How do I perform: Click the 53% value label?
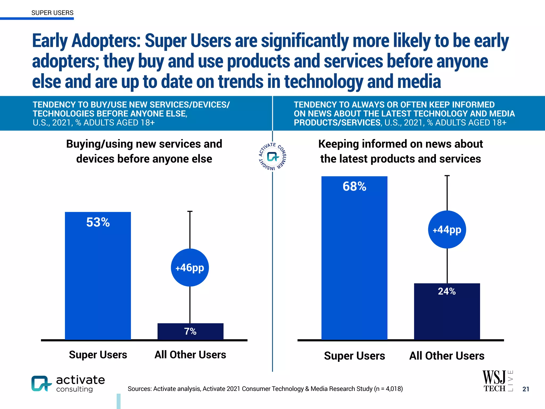click(98, 222)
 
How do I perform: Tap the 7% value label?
click(190, 331)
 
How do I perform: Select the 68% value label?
click(354, 186)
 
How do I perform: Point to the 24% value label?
click(447, 291)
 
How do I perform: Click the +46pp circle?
click(190, 267)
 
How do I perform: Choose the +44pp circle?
click(447, 230)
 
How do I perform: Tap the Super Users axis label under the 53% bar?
click(98, 355)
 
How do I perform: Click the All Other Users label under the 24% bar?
click(447, 356)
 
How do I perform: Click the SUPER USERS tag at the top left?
click(52, 13)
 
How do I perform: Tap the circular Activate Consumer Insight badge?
click(272, 157)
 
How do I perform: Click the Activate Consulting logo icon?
click(41, 383)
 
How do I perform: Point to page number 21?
click(526, 389)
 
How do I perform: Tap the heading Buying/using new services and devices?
click(144, 151)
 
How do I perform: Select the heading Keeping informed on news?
click(401, 151)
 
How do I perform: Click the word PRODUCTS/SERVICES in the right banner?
click(337, 122)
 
